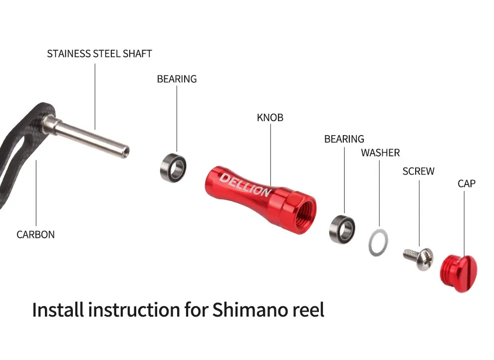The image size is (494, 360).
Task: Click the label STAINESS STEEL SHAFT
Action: click(99, 53)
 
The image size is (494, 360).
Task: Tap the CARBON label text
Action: click(35, 234)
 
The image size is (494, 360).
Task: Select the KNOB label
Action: click(270, 118)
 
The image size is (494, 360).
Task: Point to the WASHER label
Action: click(380, 153)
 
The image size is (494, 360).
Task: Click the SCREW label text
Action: click(418, 171)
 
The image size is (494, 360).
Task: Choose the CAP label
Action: click(466, 183)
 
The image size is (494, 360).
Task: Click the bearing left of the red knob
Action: click(173, 169)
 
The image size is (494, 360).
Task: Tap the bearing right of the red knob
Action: click(342, 229)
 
